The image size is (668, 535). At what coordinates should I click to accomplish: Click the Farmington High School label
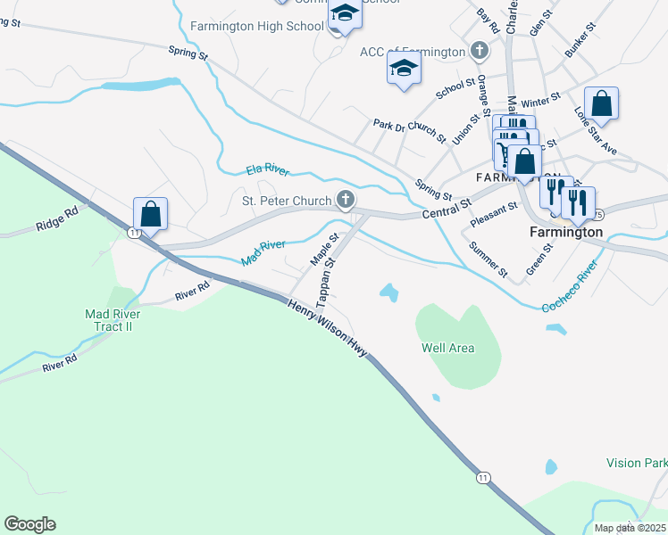pos(257,26)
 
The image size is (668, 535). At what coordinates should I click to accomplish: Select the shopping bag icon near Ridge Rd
pos(150,214)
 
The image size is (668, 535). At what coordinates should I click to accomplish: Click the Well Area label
pos(448,348)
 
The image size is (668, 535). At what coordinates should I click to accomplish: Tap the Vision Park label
pos(636,463)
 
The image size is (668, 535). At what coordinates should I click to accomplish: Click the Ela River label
pos(268,169)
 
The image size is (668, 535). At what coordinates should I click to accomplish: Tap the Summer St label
pos(488,259)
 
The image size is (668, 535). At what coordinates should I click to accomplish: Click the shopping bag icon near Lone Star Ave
pos(603,103)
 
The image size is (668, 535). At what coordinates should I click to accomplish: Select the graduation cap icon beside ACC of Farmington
pos(404,68)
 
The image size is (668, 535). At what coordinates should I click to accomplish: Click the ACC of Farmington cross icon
pos(479,51)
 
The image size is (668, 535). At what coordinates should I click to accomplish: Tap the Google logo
pos(29,524)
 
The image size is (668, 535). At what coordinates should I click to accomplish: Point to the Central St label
pos(447,210)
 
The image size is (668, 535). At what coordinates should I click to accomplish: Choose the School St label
pos(455,86)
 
